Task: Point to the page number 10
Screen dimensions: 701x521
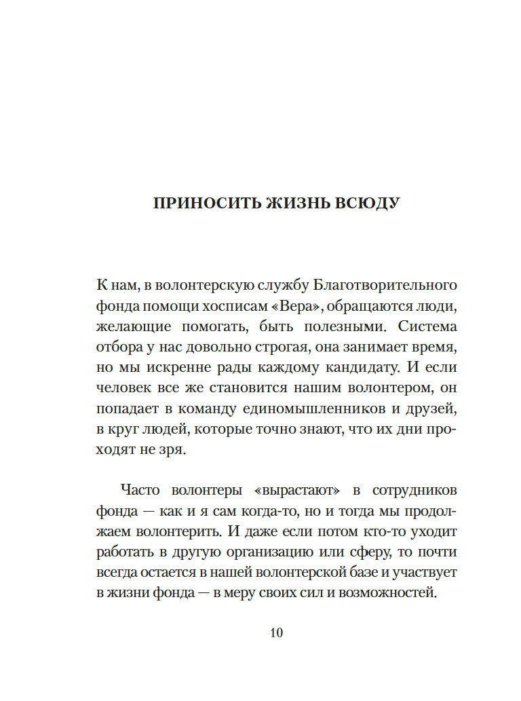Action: tap(276, 632)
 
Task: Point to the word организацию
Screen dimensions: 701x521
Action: tap(311, 552)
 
